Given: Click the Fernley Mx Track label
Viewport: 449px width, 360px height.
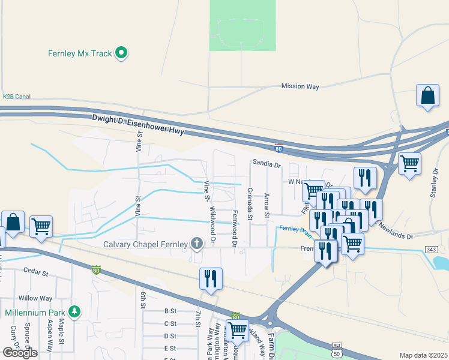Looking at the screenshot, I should point(80,53).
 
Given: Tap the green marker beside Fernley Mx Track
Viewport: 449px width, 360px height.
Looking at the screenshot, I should point(122,53).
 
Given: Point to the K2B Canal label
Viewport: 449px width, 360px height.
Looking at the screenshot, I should point(16,96).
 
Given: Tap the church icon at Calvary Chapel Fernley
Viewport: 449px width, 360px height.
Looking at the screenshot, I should point(196,244).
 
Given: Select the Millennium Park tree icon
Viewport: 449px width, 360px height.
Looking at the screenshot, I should point(74,313).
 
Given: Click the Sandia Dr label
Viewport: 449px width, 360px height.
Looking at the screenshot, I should point(267,163).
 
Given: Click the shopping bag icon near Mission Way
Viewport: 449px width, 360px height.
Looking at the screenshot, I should point(427,96).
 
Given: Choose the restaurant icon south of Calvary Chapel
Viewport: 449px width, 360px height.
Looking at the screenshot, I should point(211,279).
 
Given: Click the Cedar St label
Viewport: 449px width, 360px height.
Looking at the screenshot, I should point(35,272).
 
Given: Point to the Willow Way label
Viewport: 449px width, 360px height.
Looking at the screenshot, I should point(35,298).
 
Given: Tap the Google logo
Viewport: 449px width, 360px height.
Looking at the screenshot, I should point(20,353).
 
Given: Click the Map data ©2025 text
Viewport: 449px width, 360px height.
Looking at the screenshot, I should point(423,355).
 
